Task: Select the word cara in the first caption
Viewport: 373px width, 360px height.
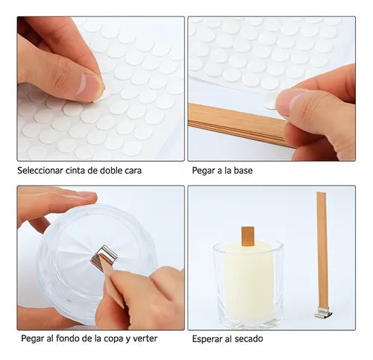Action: click(x=133, y=171)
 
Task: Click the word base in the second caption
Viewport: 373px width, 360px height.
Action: click(x=242, y=171)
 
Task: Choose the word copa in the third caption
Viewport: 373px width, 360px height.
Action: click(x=114, y=339)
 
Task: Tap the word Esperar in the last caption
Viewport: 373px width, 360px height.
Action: click(x=207, y=339)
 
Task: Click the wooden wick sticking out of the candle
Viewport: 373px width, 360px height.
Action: click(x=248, y=236)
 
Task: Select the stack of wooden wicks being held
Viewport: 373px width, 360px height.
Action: click(x=239, y=124)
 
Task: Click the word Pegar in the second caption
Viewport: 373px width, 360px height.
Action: click(x=202, y=171)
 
